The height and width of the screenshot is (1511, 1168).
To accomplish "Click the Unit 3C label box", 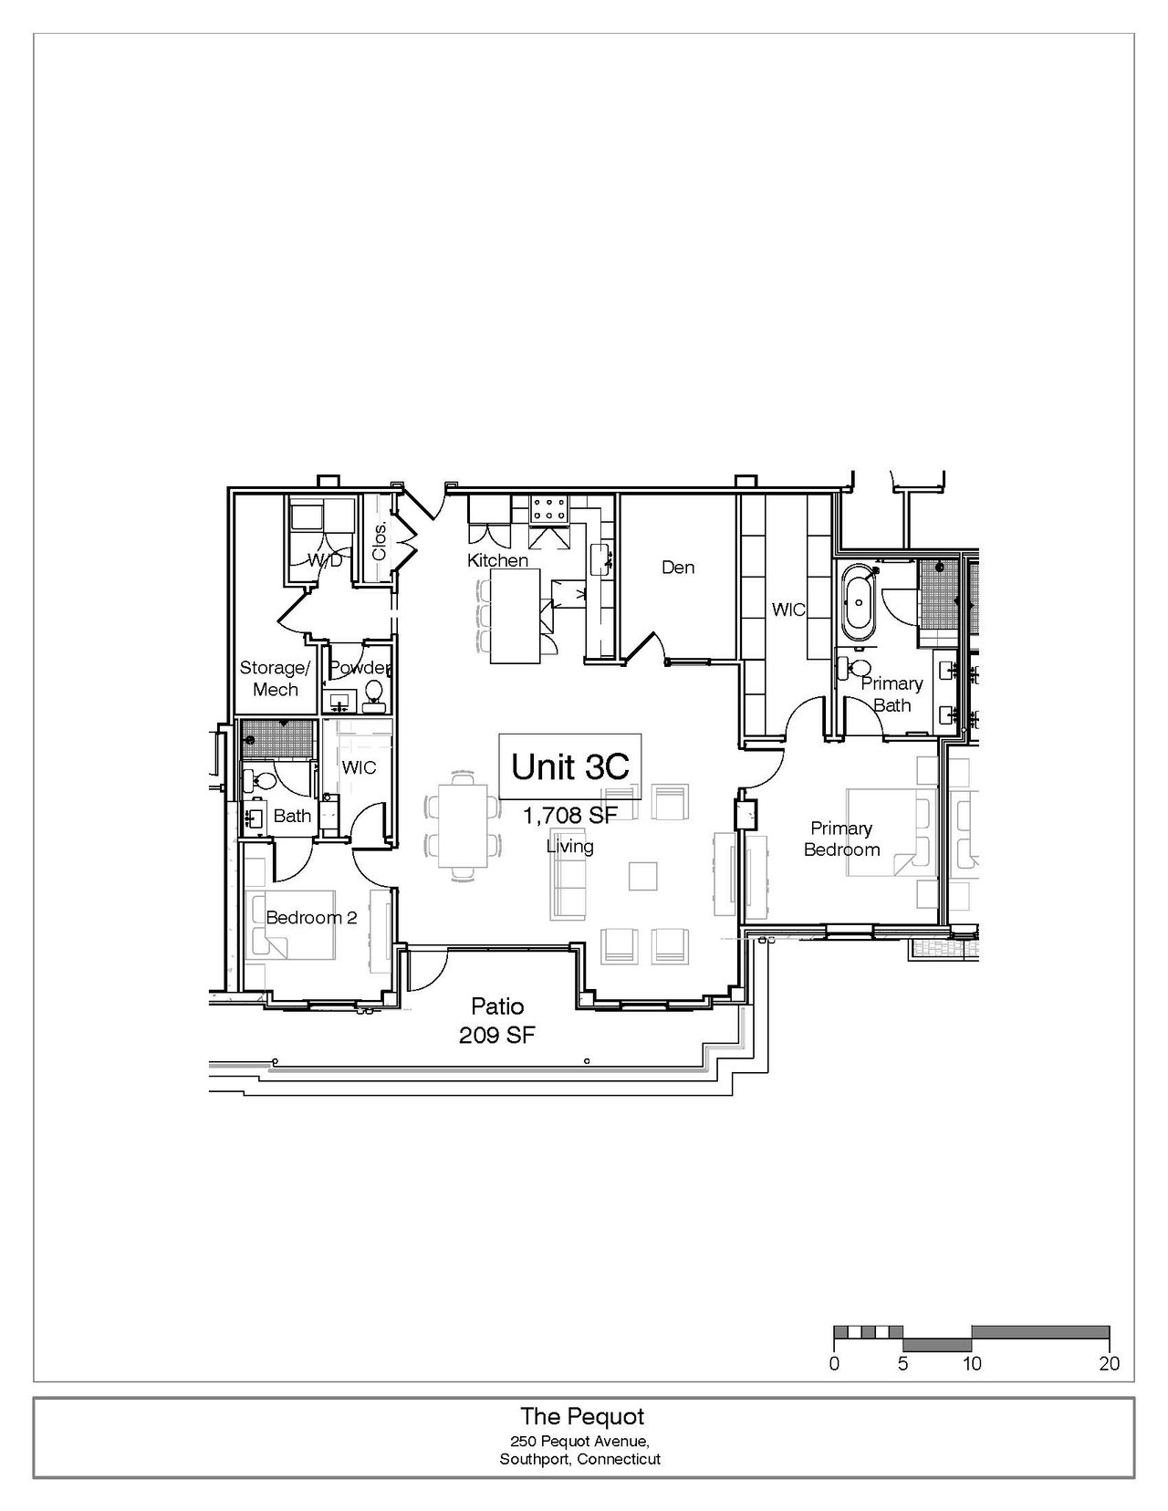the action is (x=570, y=766).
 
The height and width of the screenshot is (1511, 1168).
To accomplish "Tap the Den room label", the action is (x=678, y=568).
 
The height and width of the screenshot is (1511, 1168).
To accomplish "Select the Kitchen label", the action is (x=498, y=559).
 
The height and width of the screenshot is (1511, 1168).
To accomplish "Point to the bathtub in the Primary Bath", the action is (x=860, y=603).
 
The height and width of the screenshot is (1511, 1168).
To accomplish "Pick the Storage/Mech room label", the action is (x=275, y=679).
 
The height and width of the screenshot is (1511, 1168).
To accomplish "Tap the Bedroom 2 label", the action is (x=311, y=917).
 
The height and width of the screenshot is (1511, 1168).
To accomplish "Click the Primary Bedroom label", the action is (x=841, y=839).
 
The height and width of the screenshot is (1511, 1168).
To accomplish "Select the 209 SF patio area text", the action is (x=497, y=1035).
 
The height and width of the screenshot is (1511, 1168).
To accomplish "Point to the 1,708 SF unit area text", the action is (x=570, y=815).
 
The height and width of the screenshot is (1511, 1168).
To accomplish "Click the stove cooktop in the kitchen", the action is (x=550, y=509).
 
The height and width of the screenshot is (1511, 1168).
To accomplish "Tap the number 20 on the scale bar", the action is (x=1110, y=1363).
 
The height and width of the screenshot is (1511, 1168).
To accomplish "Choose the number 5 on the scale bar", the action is (x=902, y=1363).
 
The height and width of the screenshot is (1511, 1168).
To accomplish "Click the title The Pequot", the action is (x=582, y=1416).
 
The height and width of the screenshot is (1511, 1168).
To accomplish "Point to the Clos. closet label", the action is (x=380, y=542).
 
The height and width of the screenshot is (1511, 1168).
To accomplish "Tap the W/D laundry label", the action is (x=326, y=559).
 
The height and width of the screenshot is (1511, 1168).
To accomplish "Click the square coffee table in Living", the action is (x=643, y=876).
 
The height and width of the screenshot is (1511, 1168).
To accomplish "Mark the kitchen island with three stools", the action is (x=516, y=616).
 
